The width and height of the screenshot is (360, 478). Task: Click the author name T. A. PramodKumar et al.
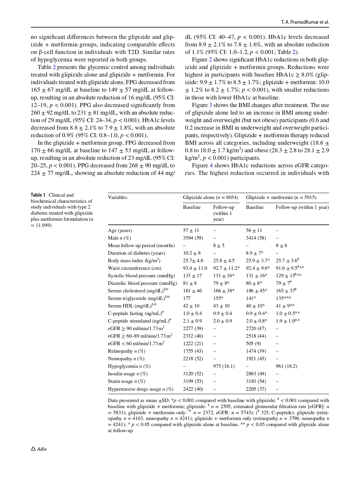[x=305, y=22]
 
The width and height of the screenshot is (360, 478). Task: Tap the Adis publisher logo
[x=39, y=449]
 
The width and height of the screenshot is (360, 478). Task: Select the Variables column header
[x=117, y=197]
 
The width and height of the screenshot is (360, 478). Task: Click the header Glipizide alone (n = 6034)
[x=210, y=197]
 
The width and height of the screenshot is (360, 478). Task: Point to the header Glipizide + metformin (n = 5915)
[x=281, y=197]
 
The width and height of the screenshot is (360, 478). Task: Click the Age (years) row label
[x=120, y=230]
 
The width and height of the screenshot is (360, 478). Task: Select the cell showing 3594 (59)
[x=193, y=238]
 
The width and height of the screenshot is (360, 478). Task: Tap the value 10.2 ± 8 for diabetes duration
[x=192, y=253]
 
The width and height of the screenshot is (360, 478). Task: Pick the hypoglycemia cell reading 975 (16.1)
[x=224, y=366]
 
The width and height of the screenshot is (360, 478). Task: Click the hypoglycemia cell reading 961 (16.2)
[x=286, y=366]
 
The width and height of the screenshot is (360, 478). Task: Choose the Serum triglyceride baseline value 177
[x=187, y=298]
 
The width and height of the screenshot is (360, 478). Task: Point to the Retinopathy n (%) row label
[x=126, y=351]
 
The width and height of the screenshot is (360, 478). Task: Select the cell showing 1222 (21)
[x=193, y=343]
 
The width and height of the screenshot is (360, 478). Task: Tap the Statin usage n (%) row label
[x=126, y=381]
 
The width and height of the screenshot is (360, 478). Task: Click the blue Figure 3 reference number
[x=211, y=105]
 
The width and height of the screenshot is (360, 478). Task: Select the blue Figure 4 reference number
[x=211, y=165]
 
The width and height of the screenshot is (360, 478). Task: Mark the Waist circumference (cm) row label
[x=134, y=268]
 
